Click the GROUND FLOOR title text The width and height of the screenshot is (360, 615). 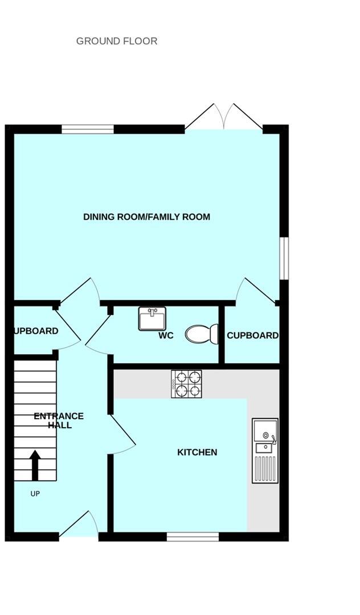[x=117, y=41]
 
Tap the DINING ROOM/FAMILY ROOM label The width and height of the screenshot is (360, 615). [x=146, y=217]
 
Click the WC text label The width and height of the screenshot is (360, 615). [x=166, y=335]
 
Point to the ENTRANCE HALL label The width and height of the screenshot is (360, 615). [x=59, y=421]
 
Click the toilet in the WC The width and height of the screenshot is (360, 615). [x=201, y=334]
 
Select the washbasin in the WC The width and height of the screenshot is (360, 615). [x=152, y=318]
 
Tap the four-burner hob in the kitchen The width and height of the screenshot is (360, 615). [x=187, y=384]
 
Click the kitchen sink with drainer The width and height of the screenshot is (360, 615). [x=265, y=450]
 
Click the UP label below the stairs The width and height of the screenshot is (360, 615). [x=35, y=494]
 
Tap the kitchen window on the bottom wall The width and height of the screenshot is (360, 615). [x=193, y=536]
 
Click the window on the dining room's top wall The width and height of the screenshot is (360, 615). [x=88, y=129]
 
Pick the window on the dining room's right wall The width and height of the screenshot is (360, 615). [x=284, y=259]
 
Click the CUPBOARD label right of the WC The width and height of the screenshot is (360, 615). [x=252, y=335]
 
